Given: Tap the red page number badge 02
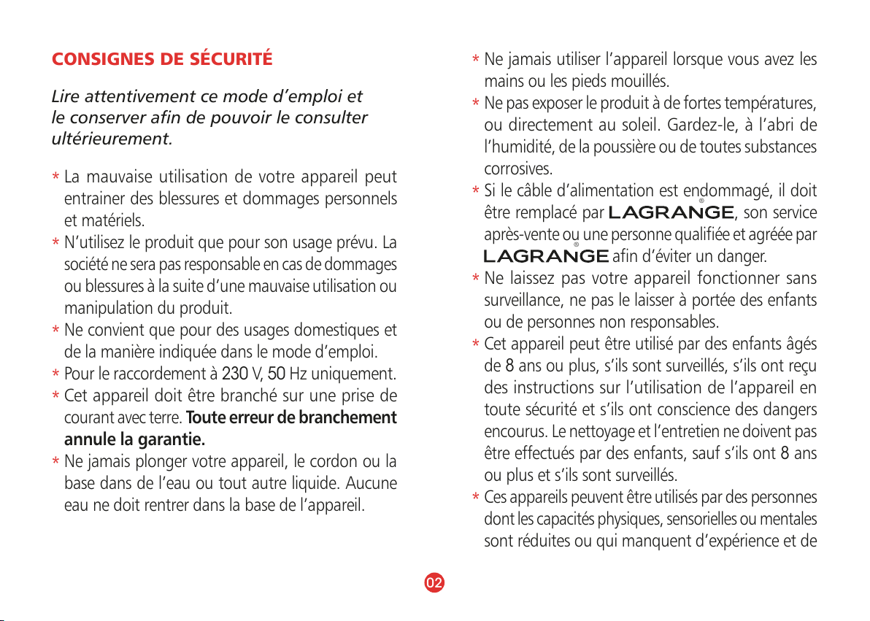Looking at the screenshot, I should (x=434, y=582).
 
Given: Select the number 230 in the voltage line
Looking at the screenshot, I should (x=234, y=376).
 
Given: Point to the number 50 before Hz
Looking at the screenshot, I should (x=275, y=376).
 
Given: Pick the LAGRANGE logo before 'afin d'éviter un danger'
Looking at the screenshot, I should (x=547, y=256).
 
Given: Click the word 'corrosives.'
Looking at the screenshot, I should (x=518, y=169).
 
